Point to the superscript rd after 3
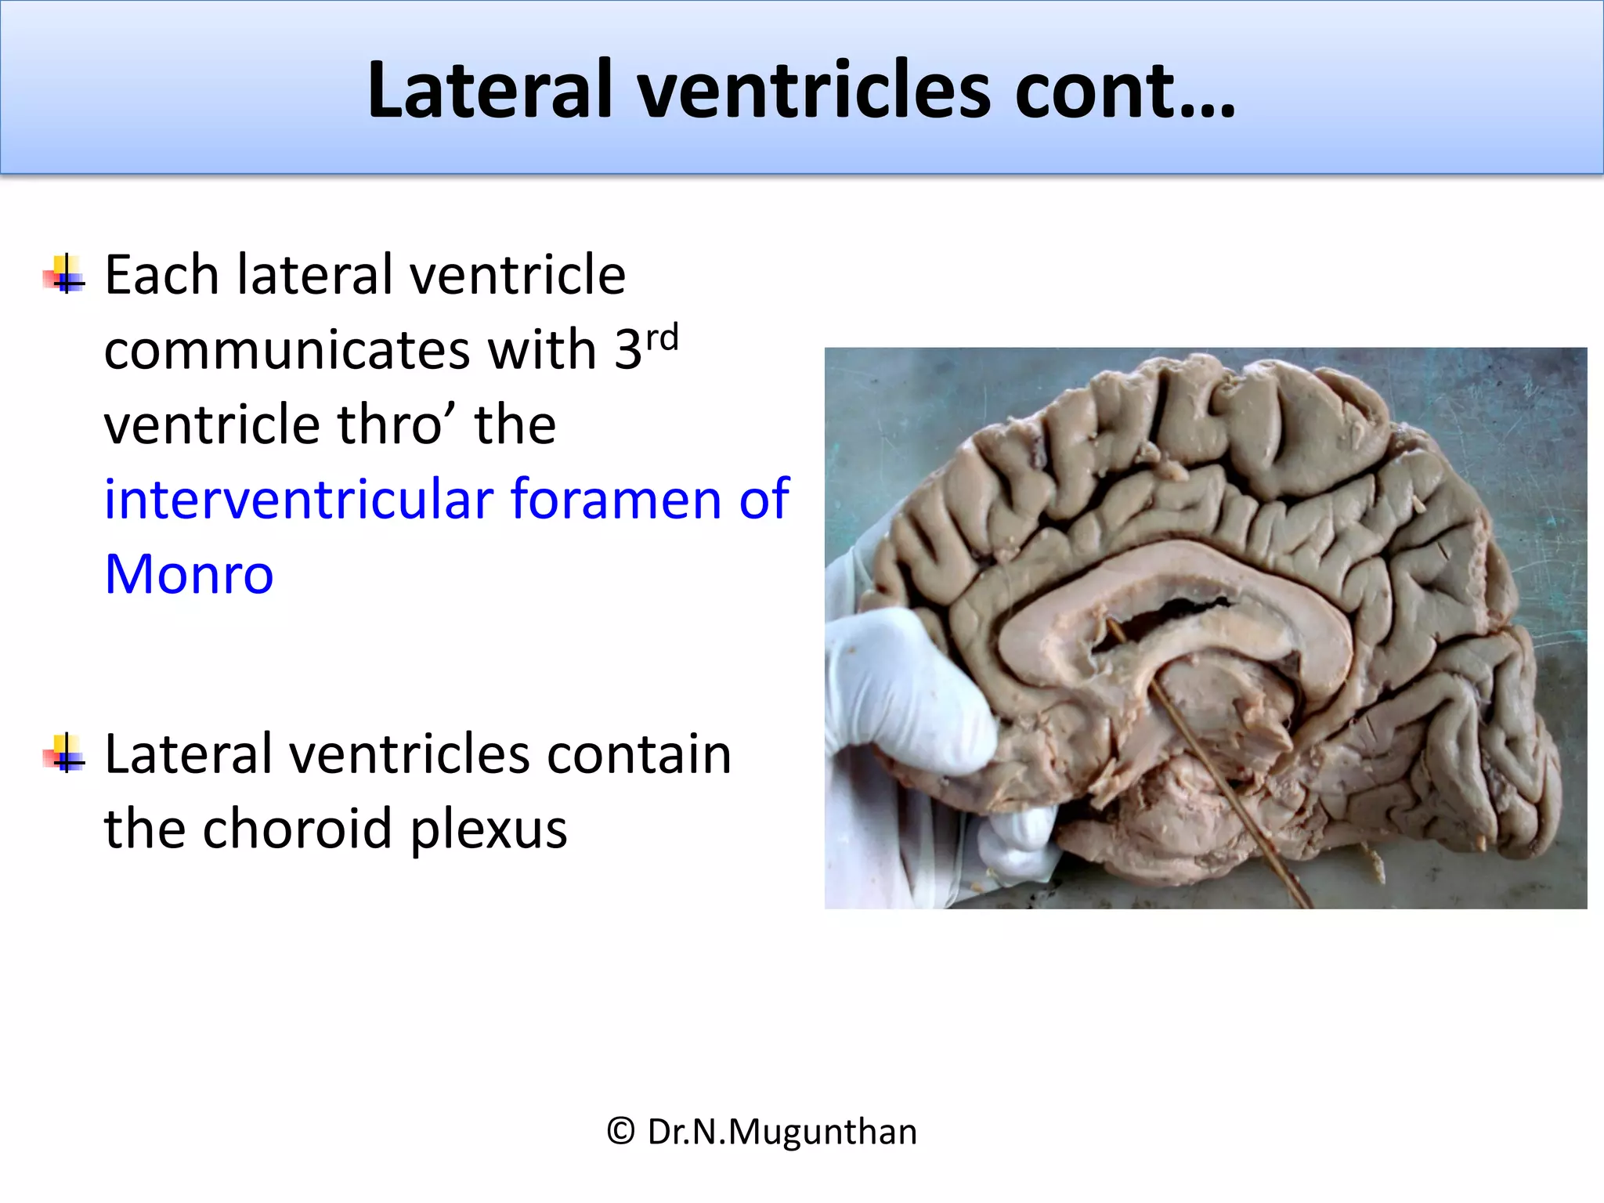(662, 339)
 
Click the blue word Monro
(189, 574)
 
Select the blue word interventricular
(298, 499)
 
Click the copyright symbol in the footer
(620, 1132)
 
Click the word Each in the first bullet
(161, 275)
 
